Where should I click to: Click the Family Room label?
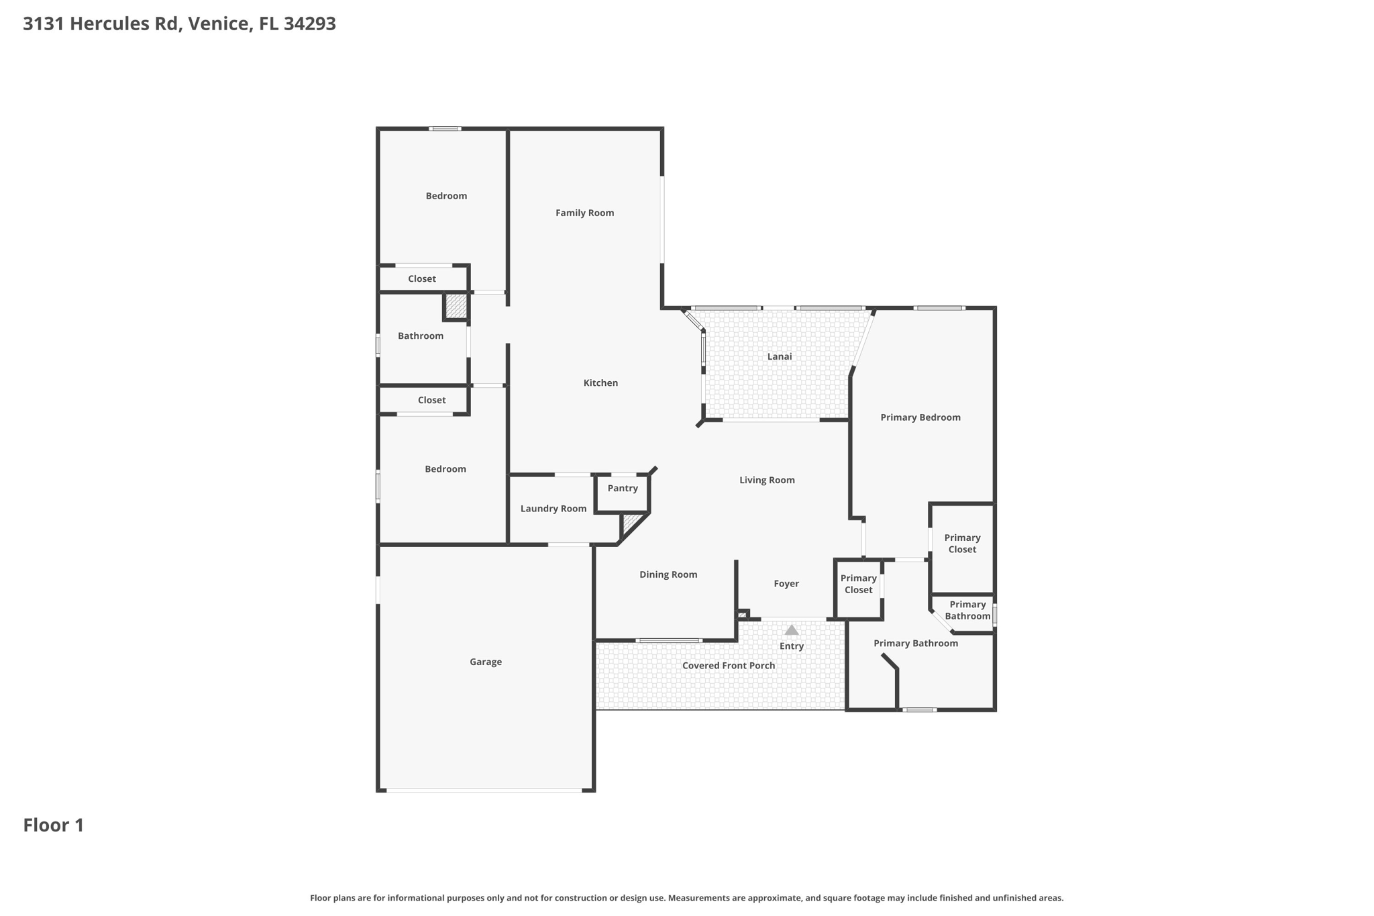584,213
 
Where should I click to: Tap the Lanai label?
780,356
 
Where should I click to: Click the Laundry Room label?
553,509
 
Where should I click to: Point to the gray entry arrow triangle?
792,630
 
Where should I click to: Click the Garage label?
486,662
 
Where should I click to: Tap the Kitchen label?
600,383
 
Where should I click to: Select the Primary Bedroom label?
920,417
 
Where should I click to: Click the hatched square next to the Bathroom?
456,306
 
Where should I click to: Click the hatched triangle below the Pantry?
630,522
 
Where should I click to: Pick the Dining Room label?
668,574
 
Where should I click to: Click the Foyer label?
786,584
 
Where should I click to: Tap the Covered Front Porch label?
729,666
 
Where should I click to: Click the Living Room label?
767,480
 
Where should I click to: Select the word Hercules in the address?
124,23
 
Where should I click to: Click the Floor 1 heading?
54,825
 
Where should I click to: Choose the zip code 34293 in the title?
309,23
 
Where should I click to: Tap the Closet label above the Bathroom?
422,278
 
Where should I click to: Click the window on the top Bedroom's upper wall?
445,128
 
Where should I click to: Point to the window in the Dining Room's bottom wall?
669,640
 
